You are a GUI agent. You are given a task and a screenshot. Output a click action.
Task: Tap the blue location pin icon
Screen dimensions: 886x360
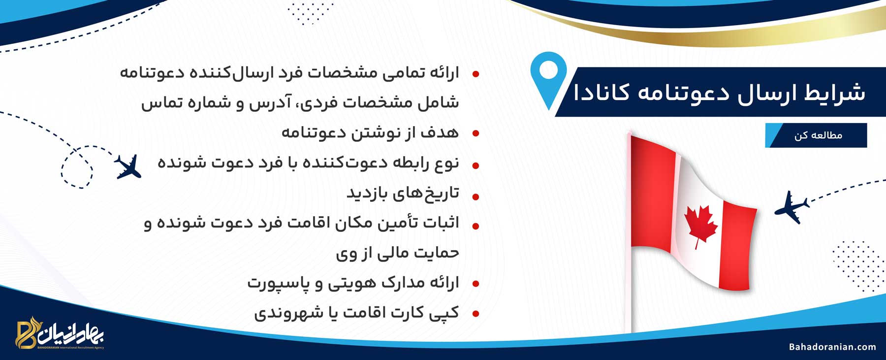[x=549, y=79]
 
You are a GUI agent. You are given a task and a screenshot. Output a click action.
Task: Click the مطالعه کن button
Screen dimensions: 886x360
[x=816, y=135]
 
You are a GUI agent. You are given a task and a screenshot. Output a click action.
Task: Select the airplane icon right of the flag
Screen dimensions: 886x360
[x=791, y=207]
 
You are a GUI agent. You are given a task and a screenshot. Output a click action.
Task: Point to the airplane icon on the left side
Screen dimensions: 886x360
[x=128, y=166]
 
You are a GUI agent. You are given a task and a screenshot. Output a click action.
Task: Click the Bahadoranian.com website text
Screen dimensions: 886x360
[x=832, y=347]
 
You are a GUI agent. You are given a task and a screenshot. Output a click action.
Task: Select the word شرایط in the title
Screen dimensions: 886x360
[x=835, y=93]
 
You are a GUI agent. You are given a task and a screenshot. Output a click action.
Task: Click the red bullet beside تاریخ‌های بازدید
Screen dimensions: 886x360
[x=475, y=197]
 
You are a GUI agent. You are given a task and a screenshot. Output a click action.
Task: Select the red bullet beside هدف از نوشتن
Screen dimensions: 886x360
[x=475, y=133]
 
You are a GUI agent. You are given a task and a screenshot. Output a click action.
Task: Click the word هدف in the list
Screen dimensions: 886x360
[x=440, y=132]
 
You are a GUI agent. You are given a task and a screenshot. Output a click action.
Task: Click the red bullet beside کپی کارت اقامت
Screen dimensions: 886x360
[x=475, y=314]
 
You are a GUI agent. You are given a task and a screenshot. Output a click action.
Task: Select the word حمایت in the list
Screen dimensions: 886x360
[x=436, y=253]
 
